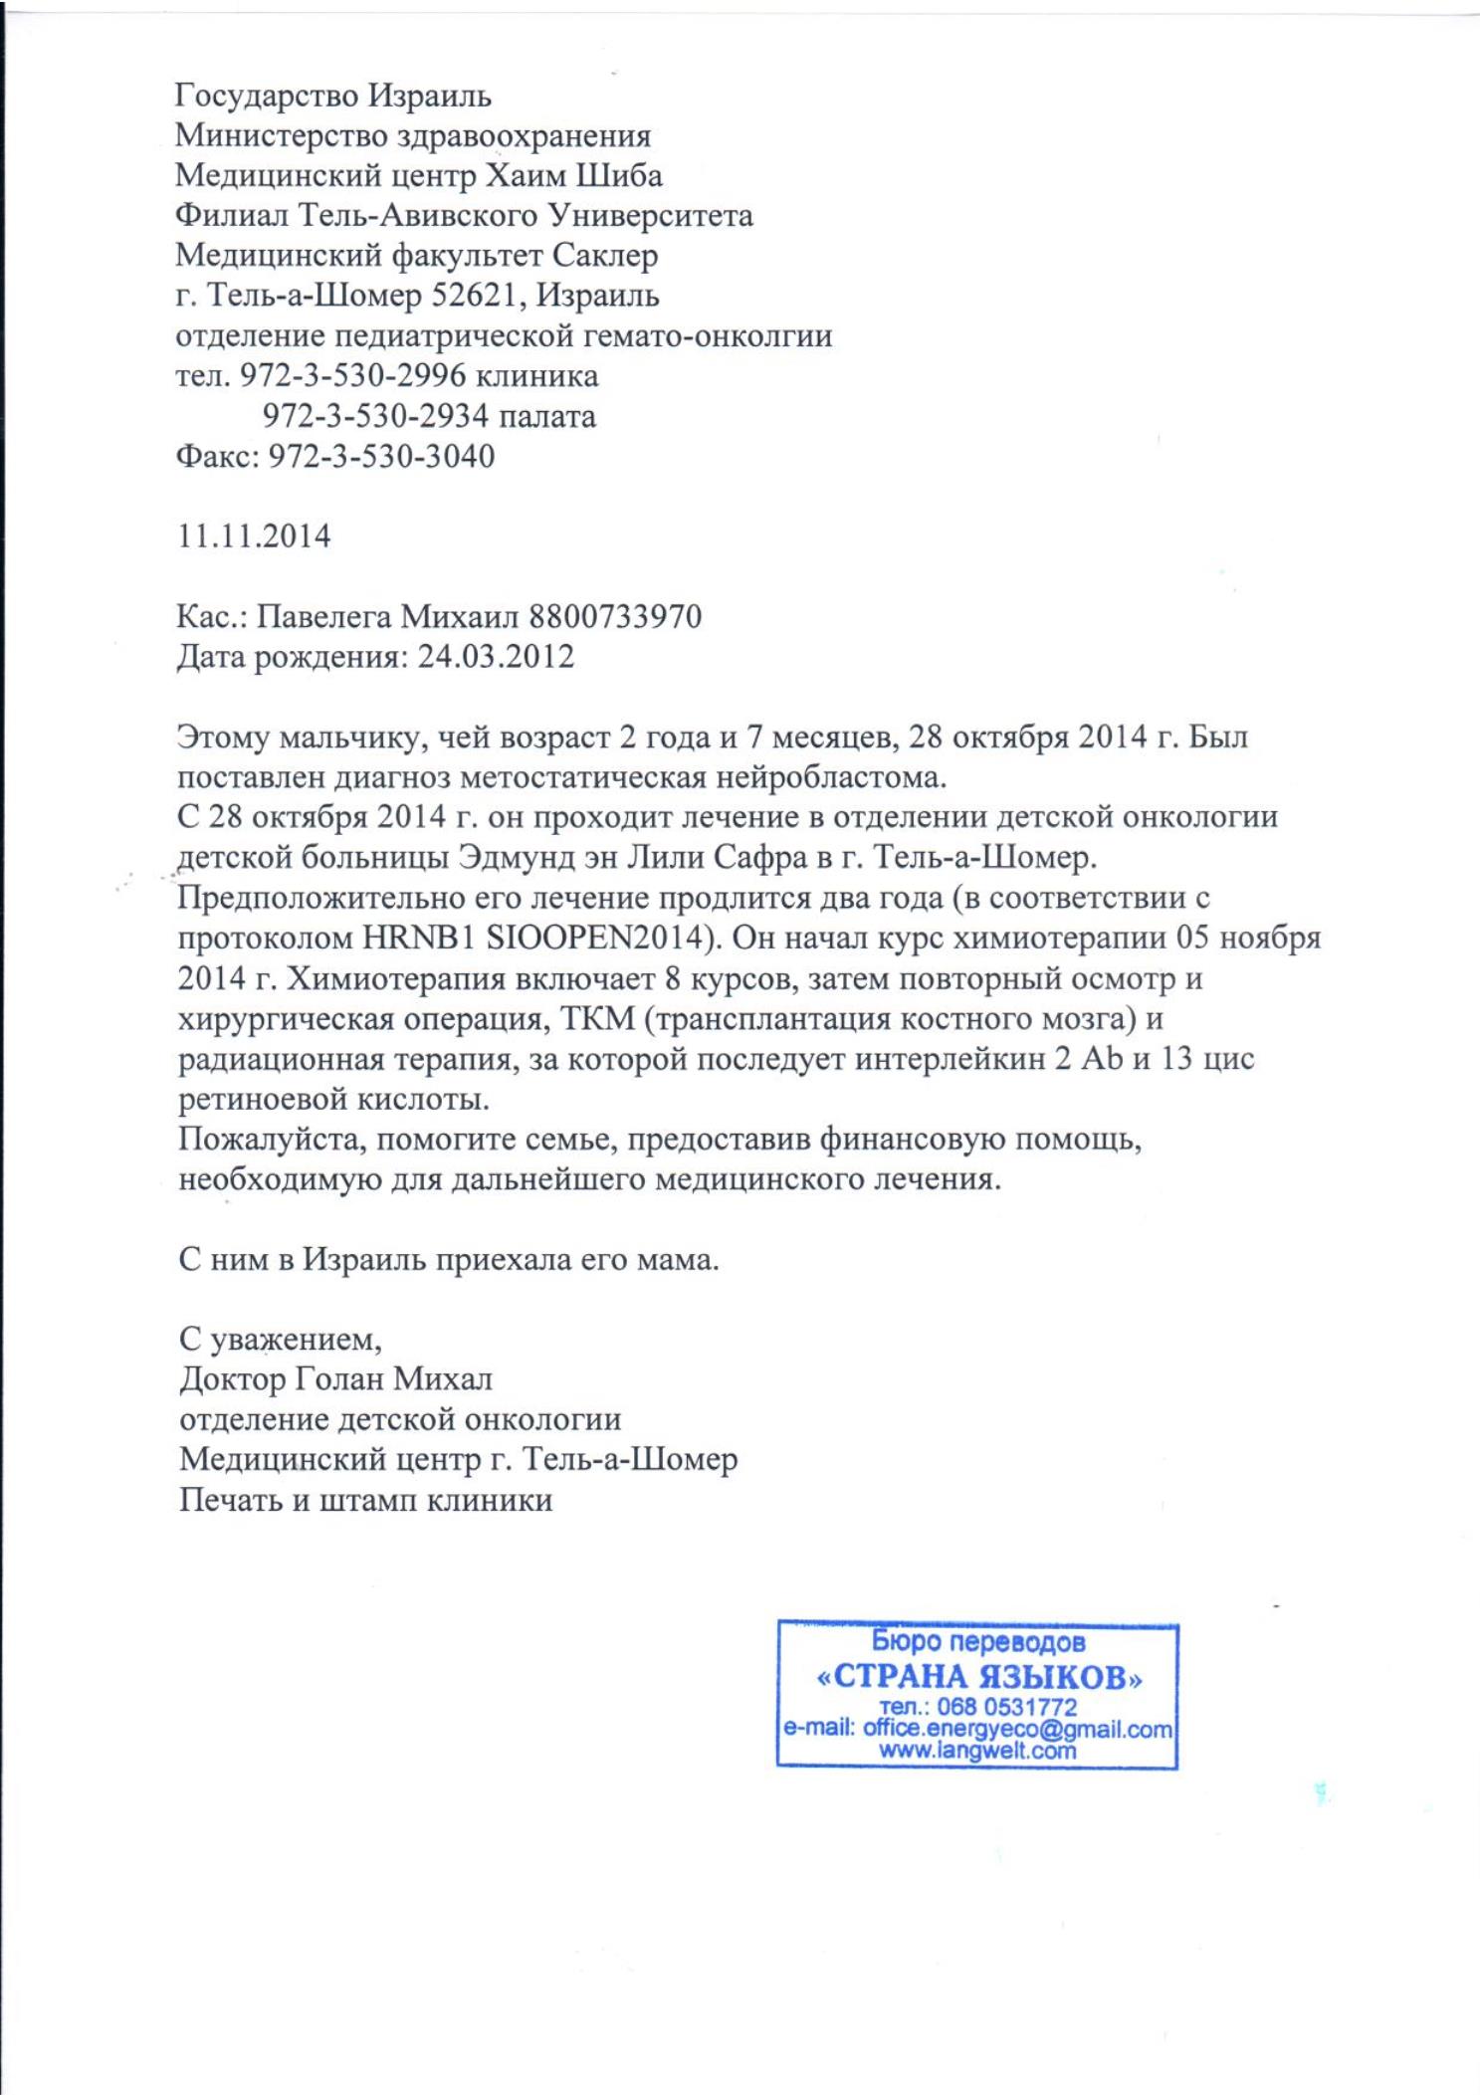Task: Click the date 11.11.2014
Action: (254, 536)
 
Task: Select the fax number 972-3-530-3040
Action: (381, 456)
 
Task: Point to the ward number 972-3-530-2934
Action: (375, 416)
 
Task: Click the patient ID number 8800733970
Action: (615, 617)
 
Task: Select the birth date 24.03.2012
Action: (496, 657)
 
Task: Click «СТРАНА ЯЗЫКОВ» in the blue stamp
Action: (978, 1677)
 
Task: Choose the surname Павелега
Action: (323, 617)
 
